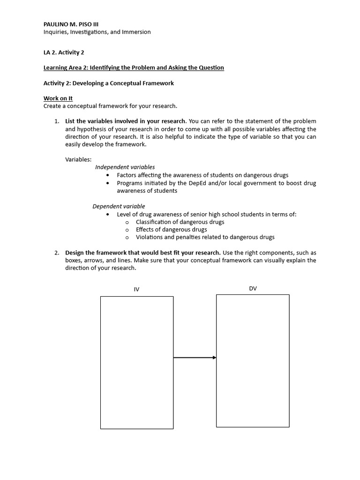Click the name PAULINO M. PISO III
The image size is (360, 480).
[71, 24]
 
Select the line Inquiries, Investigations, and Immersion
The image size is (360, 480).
[97, 32]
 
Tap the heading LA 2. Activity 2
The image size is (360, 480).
[64, 52]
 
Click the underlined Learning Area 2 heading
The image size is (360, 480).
[134, 67]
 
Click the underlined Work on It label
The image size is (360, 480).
[58, 98]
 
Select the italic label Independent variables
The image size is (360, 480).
[125, 167]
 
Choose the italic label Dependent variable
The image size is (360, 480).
[119, 206]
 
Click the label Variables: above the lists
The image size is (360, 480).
[78, 159]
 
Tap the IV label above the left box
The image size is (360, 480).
[136, 289]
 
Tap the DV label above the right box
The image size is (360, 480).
[253, 288]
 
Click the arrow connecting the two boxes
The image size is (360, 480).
[195, 358]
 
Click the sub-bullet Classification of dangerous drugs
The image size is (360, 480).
[180, 222]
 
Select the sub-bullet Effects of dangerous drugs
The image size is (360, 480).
[171, 230]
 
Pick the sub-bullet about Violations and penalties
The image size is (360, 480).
[205, 237]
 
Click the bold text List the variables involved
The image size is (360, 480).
[126, 121]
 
